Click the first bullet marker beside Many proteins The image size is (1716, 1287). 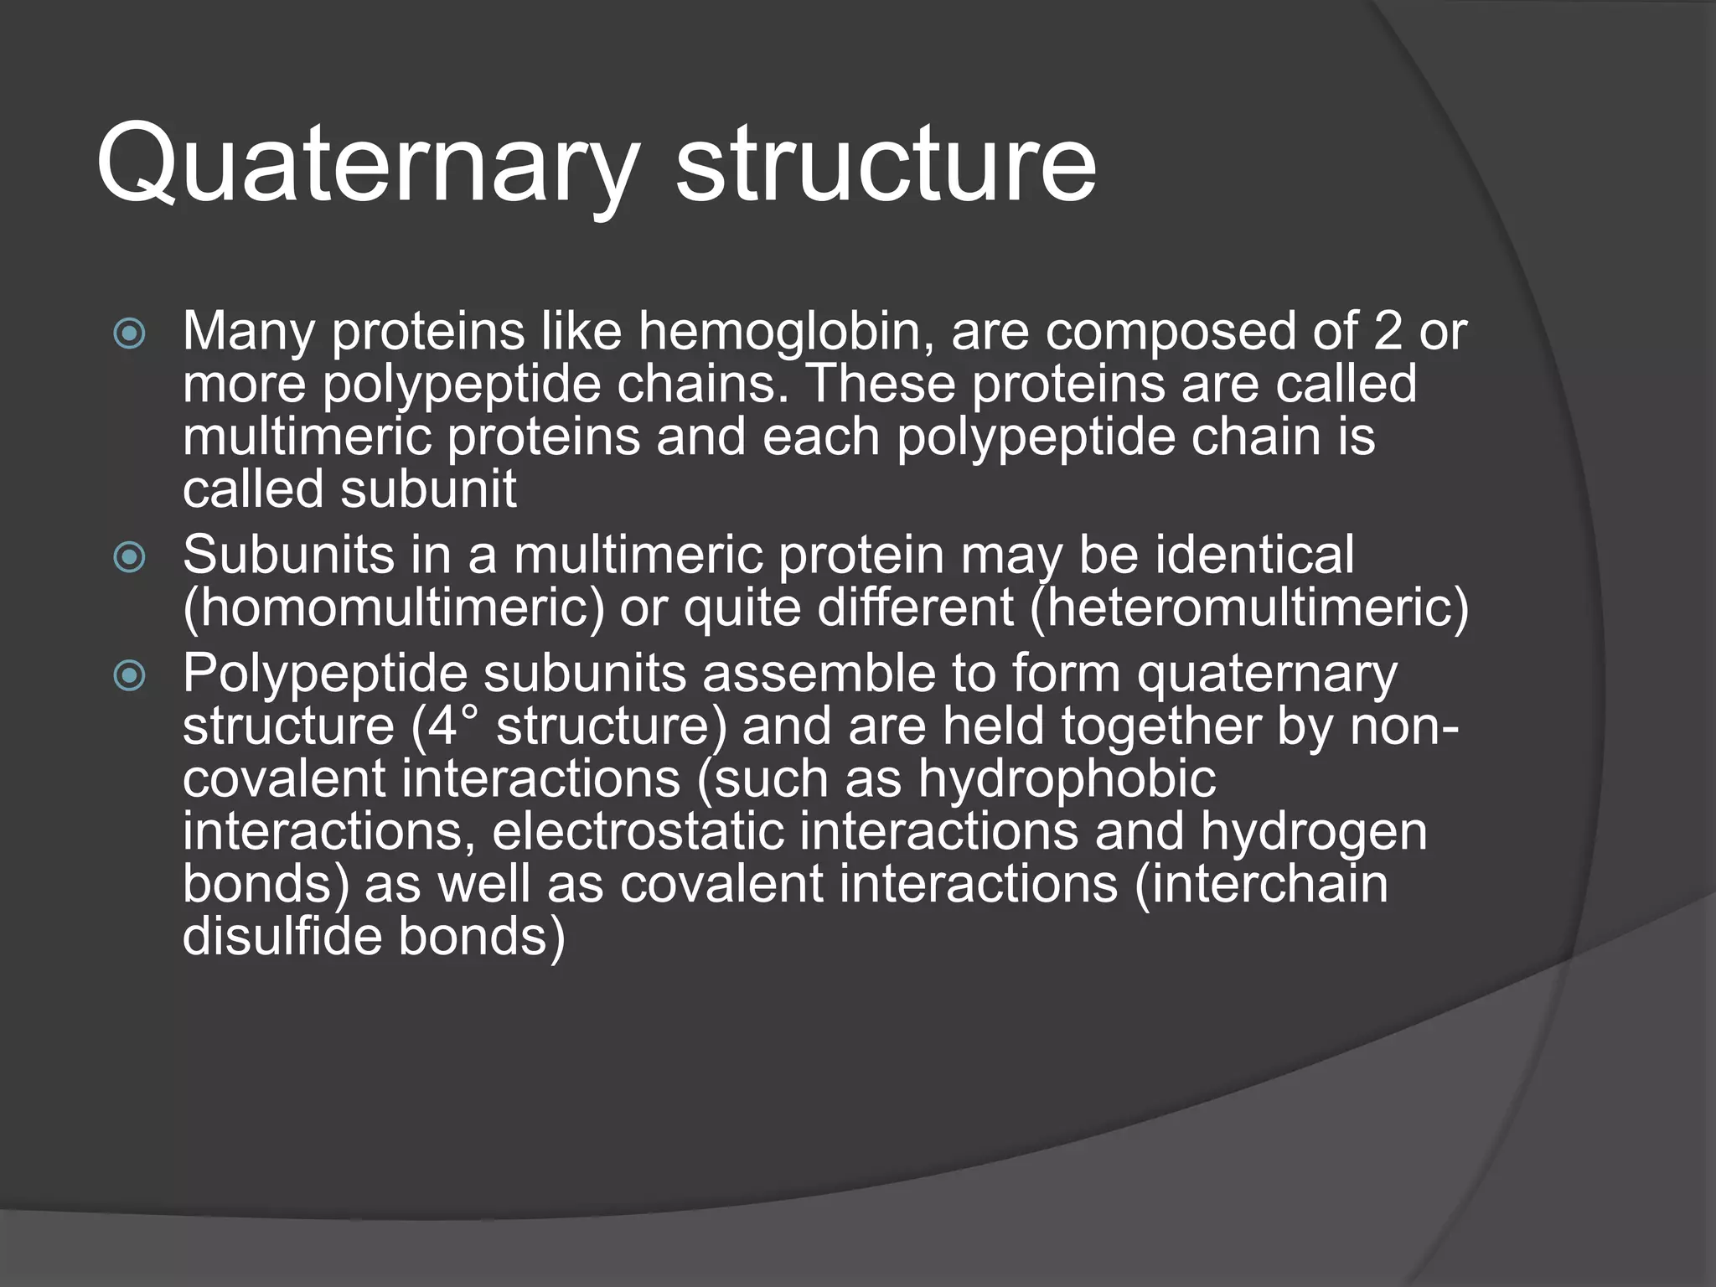coord(129,334)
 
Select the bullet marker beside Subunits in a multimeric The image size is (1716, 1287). coord(129,557)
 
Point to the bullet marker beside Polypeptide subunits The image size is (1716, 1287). coord(129,675)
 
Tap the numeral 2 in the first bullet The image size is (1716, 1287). coord(1388,331)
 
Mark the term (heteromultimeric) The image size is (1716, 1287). coord(1249,607)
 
